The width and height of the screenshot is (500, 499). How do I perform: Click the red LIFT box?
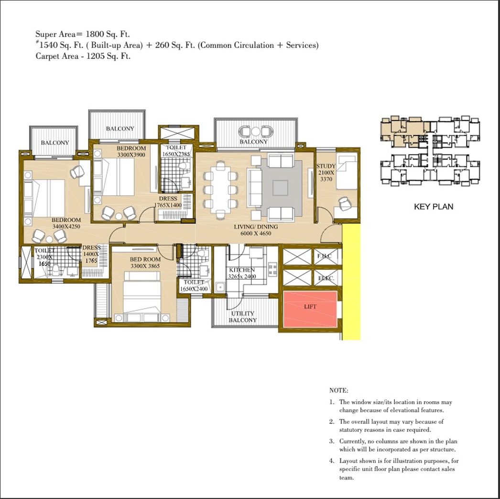tap(310, 309)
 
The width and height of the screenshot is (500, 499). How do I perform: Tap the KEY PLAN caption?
tap(433, 207)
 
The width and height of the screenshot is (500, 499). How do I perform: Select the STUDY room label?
tap(326, 166)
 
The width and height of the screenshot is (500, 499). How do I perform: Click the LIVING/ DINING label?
tap(256, 227)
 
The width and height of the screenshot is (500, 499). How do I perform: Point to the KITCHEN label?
tap(242, 270)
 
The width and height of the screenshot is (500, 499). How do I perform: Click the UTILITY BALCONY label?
tap(242, 317)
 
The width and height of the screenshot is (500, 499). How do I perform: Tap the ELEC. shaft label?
tap(326, 278)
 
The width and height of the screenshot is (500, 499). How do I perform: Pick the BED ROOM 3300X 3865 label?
tap(145, 263)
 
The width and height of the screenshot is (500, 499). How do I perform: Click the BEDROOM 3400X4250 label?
tap(67, 223)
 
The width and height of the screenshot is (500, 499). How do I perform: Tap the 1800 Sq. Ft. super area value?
tap(107, 34)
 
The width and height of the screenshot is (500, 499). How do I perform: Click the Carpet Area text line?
tap(83, 56)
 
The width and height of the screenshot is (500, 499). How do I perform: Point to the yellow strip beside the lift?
tap(351, 282)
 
